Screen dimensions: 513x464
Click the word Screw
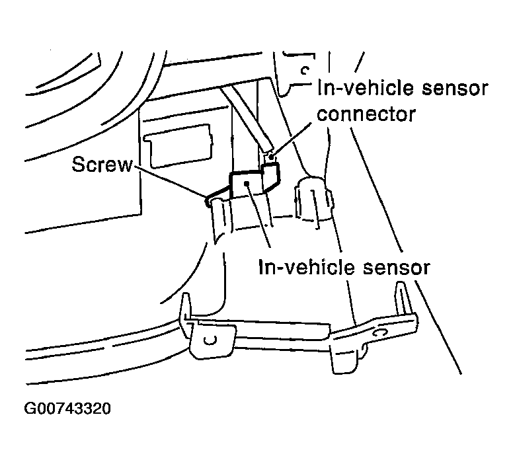(x=102, y=165)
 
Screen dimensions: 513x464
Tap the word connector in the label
(x=366, y=114)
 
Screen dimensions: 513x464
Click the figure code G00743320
(x=67, y=408)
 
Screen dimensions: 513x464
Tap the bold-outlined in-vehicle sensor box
(x=247, y=186)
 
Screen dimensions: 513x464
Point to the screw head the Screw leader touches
(x=208, y=201)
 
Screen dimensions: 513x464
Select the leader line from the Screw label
(x=169, y=182)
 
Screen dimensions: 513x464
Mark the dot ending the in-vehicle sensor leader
(x=248, y=184)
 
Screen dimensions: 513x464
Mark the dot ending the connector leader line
(x=271, y=157)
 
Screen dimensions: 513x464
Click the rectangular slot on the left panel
(x=178, y=146)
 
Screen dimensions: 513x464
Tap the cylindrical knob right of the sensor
(x=313, y=199)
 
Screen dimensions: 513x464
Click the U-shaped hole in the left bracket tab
(x=210, y=340)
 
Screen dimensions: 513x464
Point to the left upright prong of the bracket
(x=185, y=306)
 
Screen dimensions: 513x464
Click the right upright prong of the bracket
(x=403, y=298)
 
